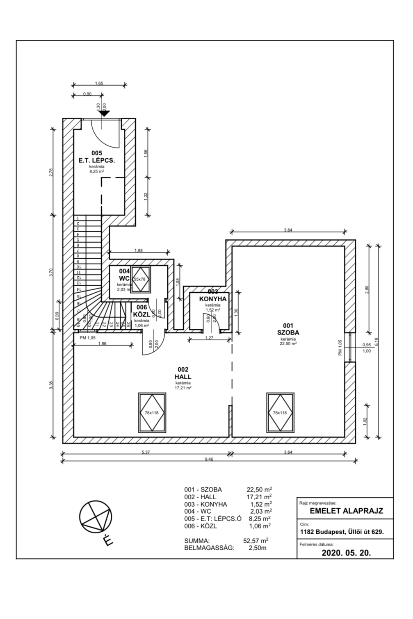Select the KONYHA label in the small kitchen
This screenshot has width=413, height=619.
tap(213, 299)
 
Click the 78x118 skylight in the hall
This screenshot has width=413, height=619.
tap(152, 412)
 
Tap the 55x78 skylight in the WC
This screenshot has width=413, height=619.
tap(140, 279)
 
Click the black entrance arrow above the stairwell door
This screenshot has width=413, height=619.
tap(105, 114)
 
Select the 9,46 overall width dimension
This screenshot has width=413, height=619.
tap(209, 460)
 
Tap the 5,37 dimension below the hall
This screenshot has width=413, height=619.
tap(145, 452)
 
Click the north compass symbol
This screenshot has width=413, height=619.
tap(96, 517)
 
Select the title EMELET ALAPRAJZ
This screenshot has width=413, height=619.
tap(346, 511)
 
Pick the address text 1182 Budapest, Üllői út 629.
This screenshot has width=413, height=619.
tap(342, 532)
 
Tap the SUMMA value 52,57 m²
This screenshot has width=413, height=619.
tap(256, 540)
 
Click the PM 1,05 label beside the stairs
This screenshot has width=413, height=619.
tap(88, 337)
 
